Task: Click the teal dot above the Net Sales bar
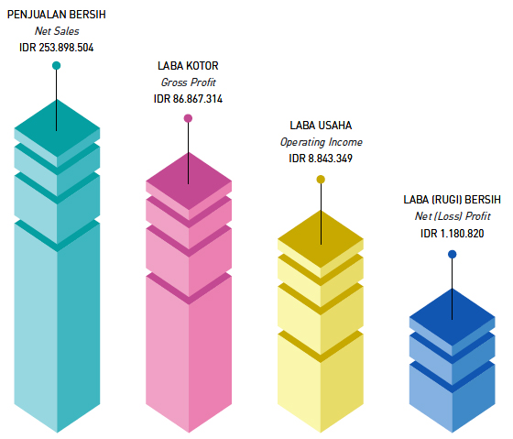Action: click(56, 65)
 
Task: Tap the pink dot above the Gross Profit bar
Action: click(188, 118)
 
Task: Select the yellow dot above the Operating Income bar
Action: click(321, 180)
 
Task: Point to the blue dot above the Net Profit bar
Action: click(453, 255)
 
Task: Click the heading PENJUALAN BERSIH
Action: click(57, 15)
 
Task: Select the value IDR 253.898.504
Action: click(57, 48)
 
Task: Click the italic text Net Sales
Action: click(57, 31)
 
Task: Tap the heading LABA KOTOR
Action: click(188, 66)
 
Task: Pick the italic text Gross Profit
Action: click(189, 82)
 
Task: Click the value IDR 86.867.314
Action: click(188, 99)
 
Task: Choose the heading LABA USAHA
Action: click(321, 126)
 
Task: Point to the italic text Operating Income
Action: click(322, 142)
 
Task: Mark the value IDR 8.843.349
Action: click(321, 159)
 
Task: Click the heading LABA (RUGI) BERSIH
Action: click(453, 200)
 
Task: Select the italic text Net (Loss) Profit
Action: click(453, 216)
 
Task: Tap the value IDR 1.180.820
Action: click(453, 234)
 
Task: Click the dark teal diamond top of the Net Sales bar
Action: click(57, 129)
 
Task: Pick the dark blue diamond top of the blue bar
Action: click(453, 317)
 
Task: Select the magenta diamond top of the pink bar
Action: click(189, 181)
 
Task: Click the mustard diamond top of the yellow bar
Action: click(321, 240)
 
